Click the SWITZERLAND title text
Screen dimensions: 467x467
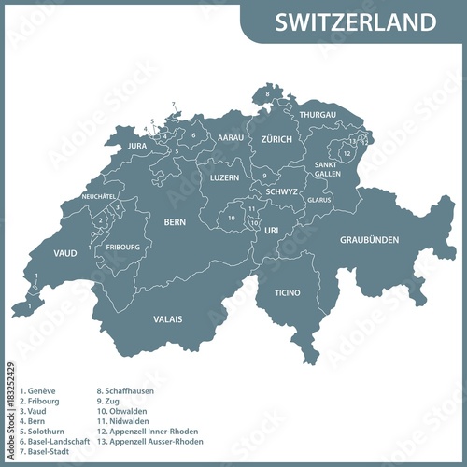coord(355,21)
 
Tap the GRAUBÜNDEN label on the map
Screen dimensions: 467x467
coord(369,240)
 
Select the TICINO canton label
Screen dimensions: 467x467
coord(288,293)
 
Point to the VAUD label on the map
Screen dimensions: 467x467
coord(64,253)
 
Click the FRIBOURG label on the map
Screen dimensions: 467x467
coord(123,248)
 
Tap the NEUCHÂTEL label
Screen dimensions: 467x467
coord(98,196)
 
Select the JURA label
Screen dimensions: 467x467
coord(137,147)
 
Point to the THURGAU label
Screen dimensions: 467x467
coord(318,115)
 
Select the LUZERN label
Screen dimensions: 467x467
coord(224,177)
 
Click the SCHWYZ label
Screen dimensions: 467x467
coord(281,191)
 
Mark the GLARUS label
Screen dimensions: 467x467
coord(319,200)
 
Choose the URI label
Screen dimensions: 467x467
coord(272,229)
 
